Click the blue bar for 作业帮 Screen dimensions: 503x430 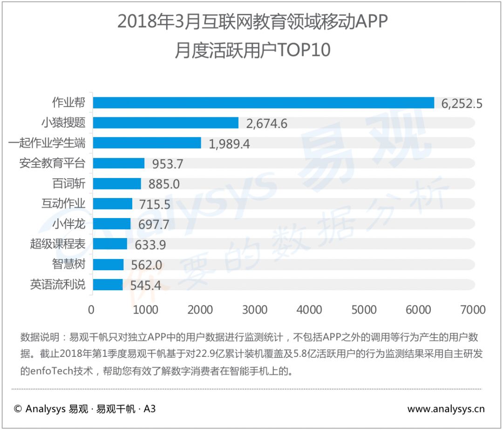(263, 102)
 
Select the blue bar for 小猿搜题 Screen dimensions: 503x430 (166, 123)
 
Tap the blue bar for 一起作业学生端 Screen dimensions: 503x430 (147, 143)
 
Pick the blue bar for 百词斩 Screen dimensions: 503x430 (117, 184)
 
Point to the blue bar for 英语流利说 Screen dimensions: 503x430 (108, 285)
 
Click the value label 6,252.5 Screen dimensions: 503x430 (462, 103)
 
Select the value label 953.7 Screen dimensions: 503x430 (168, 164)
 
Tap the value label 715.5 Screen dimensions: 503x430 (155, 205)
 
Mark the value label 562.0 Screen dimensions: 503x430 (147, 265)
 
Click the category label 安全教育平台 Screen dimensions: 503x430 (52, 163)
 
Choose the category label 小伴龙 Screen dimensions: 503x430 (68, 224)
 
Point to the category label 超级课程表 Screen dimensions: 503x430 (58, 244)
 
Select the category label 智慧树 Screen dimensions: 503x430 (68, 264)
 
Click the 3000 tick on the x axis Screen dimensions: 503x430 (255, 310)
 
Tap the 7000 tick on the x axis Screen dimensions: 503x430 (473, 310)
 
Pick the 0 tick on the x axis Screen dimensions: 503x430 (91, 310)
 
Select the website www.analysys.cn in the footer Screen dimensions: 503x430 (446, 409)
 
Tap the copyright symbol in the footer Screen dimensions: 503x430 (18, 409)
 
